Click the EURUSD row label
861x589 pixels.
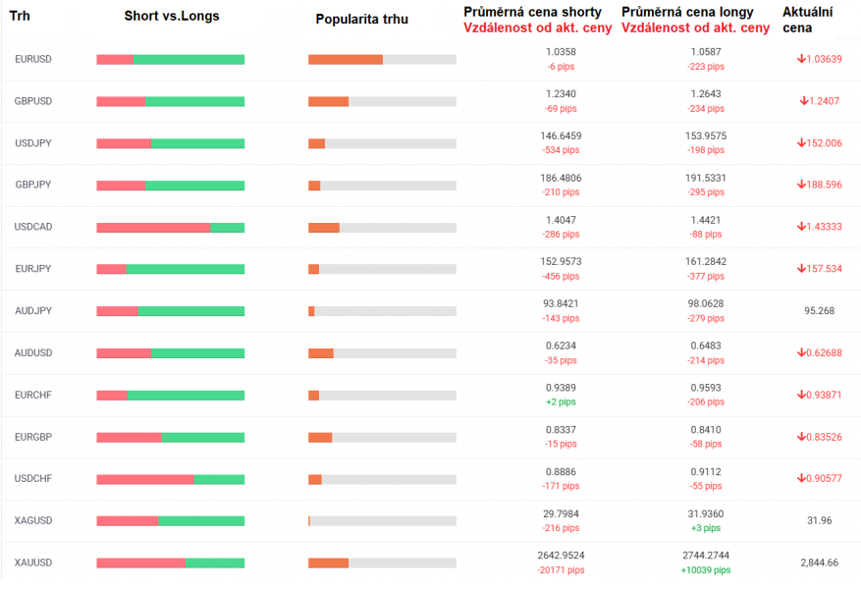coord(33,59)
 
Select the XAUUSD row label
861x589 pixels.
coord(33,562)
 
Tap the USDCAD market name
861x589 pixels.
coord(33,227)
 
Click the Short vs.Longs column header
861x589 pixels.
coord(172,17)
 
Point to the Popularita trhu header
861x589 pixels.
coord(362,20)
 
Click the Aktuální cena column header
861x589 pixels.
coord(807,20)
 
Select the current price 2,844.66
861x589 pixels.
coord(819,562)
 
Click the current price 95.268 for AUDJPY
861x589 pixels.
coord(819,311)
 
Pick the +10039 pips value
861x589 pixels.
coord(706,570)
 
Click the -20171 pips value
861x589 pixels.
coord(561,570)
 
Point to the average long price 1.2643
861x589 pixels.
coord(706,94)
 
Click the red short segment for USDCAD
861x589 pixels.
coord(153,228)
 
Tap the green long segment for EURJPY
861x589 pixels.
coord(185,269)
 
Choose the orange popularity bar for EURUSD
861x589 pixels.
coord(346,60)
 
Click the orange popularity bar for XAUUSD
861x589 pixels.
coord(328,562)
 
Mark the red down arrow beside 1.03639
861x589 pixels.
coord(801,59)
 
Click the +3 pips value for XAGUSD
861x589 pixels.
coord(706,528)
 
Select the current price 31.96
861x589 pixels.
coord(819,520)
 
